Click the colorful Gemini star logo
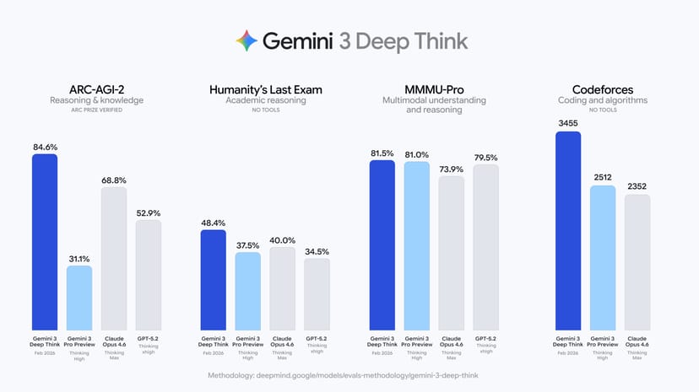[x=246, y=40]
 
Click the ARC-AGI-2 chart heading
[x=97, y=89]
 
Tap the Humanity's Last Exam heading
[x=265, y=89]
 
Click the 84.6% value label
[x=45, y=147]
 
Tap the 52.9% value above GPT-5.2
[x=149, y=213]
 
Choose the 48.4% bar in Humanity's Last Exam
[x=214, y=279]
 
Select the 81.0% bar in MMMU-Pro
[x=417, y=245]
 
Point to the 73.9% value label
[x=452, y=169]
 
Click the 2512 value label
[x=602, y=178]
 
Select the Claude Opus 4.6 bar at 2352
[x=637, y=262]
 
